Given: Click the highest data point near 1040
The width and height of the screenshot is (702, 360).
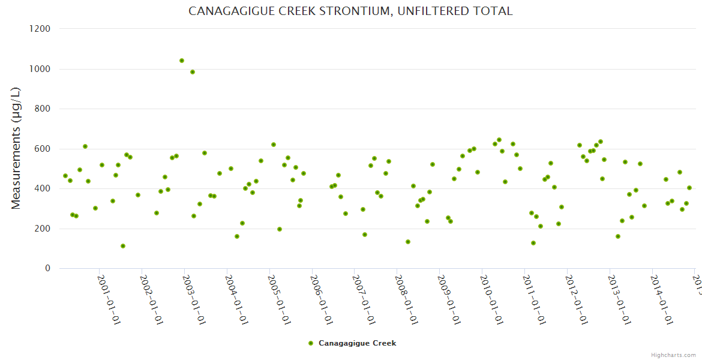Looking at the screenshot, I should (182, 61).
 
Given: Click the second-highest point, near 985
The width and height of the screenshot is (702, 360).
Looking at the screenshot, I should (193, 72).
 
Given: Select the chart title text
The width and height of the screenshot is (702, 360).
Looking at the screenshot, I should (350, 11).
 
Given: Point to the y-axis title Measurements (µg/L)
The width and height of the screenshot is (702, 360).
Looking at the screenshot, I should (16, 148).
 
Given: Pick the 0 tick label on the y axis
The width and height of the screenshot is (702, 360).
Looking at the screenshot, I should (47, 268).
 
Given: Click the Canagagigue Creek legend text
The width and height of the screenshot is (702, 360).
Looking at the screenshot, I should (357, 343).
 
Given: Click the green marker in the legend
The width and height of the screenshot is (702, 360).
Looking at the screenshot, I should (310, 343).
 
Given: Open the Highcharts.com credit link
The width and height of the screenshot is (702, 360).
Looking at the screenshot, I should (673, 355).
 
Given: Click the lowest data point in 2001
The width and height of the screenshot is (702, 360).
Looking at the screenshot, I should (123, 246).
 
